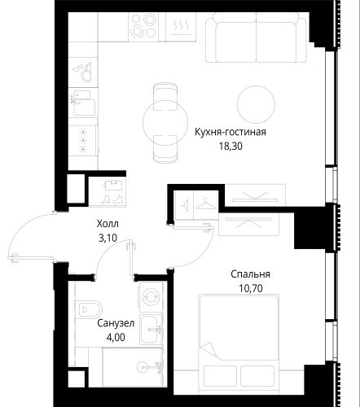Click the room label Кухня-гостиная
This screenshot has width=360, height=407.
(x=230, y=133)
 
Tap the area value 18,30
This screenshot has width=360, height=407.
(x=230, y=147)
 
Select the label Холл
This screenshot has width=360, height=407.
(x=108, y=224)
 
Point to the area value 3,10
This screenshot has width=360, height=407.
(x=108, y=238)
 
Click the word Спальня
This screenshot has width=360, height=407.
(x=250, y=274)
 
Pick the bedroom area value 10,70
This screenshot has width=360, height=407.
(x=251, y=288)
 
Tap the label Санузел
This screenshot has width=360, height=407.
(x=116, y=323)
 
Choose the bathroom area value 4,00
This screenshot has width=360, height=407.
(x=116, y=337)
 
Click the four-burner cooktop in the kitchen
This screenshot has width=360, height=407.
(x=143, y=26)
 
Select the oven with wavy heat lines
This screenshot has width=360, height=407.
(x=181, y=27)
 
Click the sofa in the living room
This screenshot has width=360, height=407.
(x=256, y=37)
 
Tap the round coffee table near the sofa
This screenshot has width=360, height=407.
(x=256, y=104)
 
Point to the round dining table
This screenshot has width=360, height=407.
(x=165, y=123)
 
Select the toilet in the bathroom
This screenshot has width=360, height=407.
(x=89, y=309)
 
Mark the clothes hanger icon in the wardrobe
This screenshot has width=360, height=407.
(x=206, y=204)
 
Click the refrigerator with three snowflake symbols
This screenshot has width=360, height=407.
(x=83, y=140)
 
